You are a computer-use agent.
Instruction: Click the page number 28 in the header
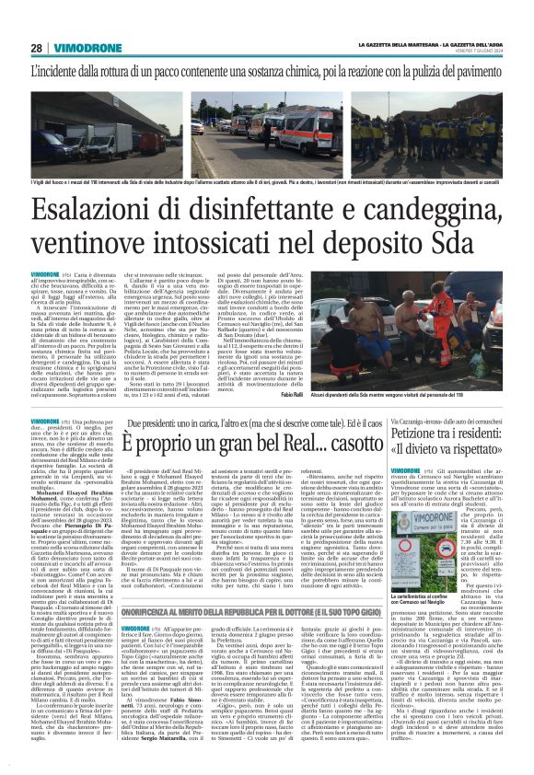pos(36,48)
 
